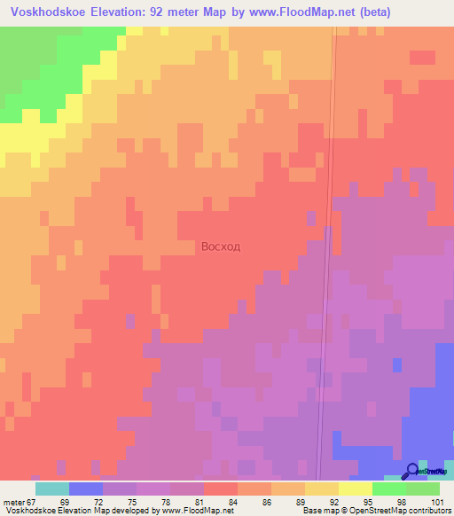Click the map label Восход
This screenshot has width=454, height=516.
coord(221,246)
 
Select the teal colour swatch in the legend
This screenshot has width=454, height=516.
coord(51,489)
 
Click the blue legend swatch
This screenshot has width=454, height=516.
coord(85,489)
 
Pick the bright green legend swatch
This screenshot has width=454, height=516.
coord(389,489)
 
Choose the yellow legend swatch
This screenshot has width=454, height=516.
coord(356,489)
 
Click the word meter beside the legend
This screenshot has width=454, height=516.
coord(12,501)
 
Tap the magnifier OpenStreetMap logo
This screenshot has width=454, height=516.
coord(411,471)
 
